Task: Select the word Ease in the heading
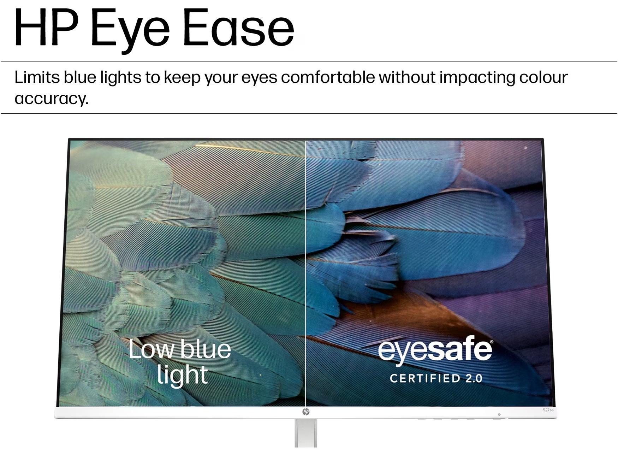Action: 239,28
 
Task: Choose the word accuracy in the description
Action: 51,99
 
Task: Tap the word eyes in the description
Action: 259,78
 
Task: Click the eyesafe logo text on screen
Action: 435,350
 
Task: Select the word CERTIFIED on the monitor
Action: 420,379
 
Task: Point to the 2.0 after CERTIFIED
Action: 474,379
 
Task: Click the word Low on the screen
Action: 151,349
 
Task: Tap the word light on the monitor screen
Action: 182,375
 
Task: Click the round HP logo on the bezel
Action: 306,412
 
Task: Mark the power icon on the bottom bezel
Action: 499,414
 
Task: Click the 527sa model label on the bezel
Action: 548,410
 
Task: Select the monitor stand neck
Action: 306,433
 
